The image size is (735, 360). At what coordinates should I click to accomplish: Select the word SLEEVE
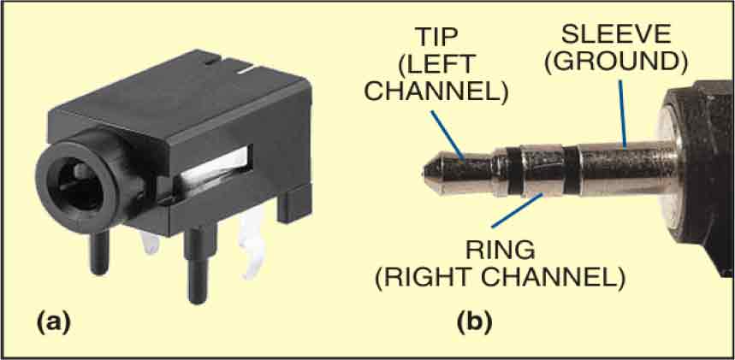[x=617, y=34]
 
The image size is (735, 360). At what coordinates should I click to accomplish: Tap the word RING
[x=500, y=251]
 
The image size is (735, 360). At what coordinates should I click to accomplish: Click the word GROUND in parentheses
[x=616, y=63]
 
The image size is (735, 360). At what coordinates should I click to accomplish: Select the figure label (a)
[x=53, y=323]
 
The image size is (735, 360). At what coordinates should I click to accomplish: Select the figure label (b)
[x=474, y=323]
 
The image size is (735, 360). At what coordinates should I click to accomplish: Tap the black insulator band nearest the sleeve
[x=571, y=169]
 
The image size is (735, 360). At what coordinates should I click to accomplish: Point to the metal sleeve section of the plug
[x=625, y=169]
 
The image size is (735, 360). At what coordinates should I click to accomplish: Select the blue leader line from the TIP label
[x=448, y=136]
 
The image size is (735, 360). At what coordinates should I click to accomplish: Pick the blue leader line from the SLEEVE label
[x=623, y=113]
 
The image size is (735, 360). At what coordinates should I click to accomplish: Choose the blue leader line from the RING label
[x=518, y=210]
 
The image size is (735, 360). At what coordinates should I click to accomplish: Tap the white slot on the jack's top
[x=247, y=72]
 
